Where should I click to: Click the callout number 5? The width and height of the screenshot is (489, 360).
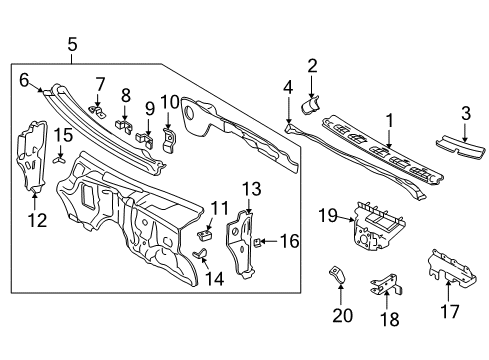click(71, 43)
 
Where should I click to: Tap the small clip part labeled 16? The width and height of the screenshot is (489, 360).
click(258, 241)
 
